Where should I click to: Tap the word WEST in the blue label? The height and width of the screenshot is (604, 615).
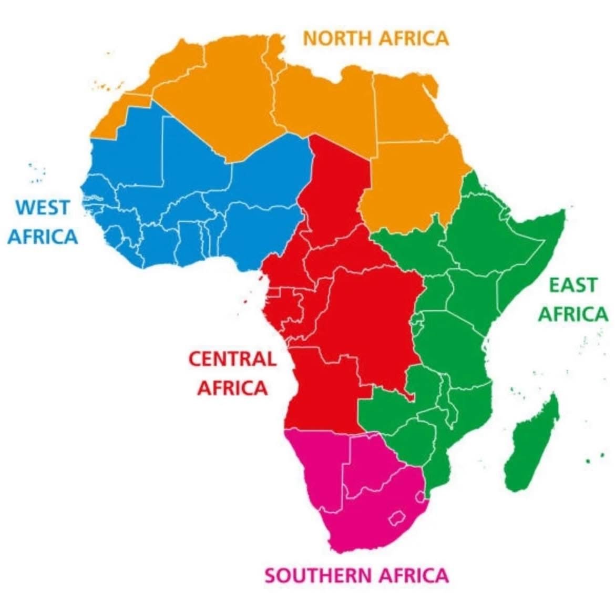tap(42, 207)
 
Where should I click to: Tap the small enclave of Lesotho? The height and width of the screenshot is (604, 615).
tap(398, 517)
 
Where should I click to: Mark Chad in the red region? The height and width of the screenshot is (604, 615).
tap(336, 194)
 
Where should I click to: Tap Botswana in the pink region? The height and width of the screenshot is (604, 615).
tap(371, 463)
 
